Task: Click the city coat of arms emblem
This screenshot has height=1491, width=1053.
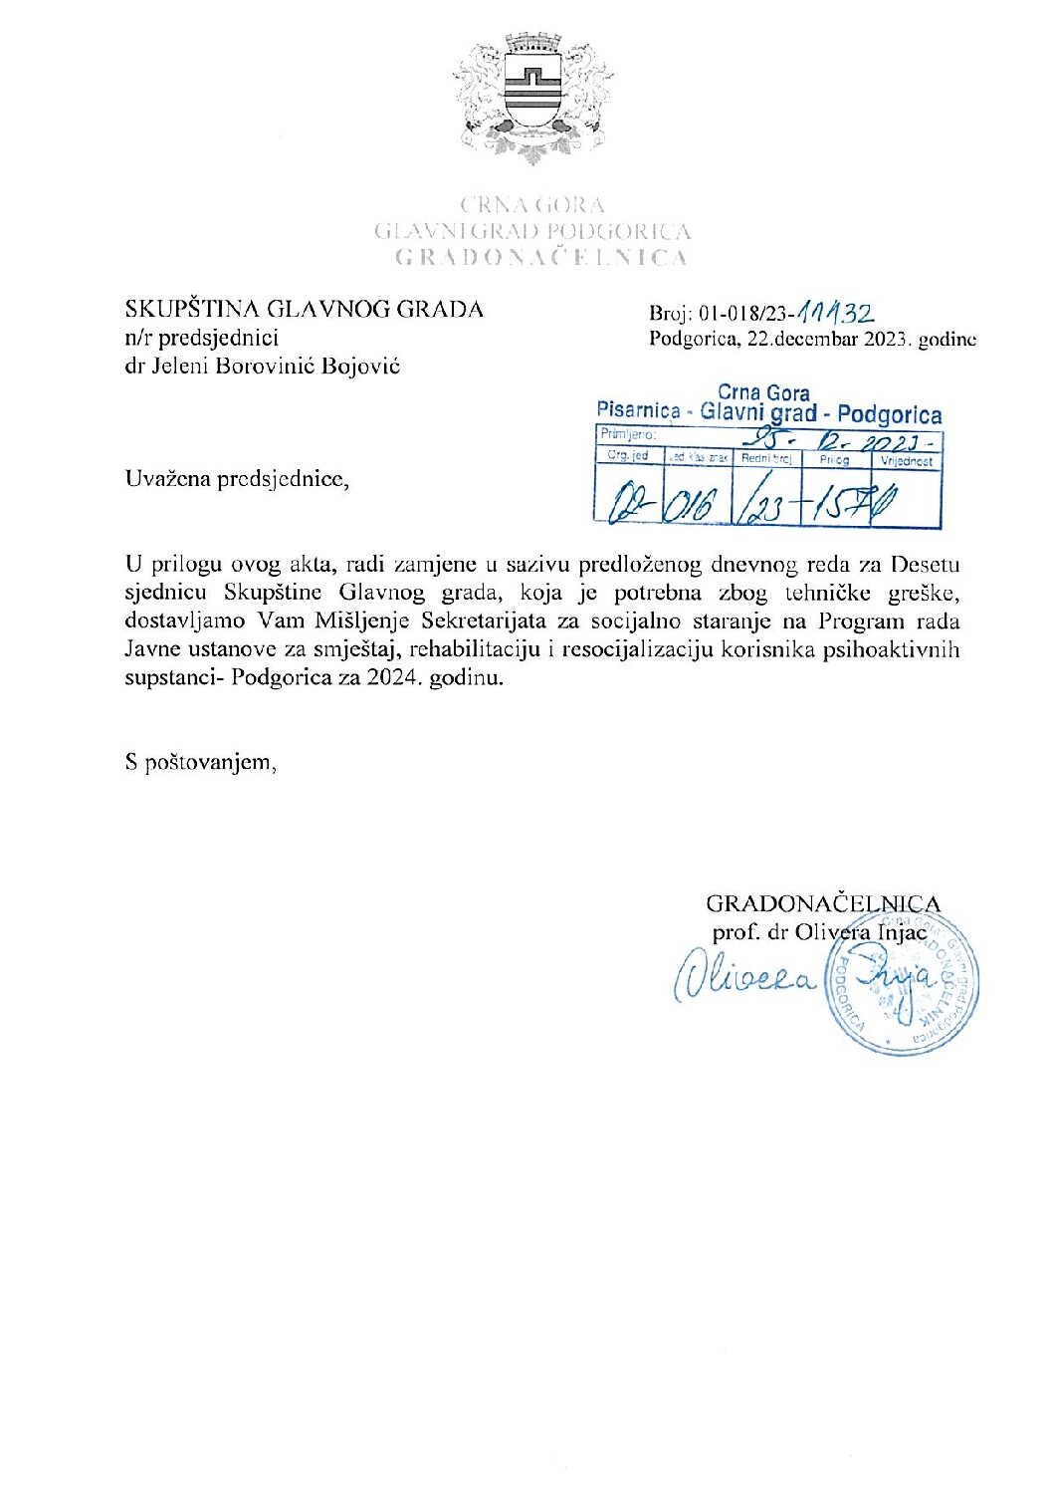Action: click(533, 96)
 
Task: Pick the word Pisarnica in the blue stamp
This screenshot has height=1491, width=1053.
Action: click(638, 410)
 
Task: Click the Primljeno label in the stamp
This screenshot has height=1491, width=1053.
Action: click(627, 434)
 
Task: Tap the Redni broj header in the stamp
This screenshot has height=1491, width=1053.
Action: click(766, 459)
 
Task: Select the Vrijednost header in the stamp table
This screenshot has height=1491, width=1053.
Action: click(906, 462)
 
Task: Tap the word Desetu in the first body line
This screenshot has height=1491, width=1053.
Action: click(925, 565)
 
